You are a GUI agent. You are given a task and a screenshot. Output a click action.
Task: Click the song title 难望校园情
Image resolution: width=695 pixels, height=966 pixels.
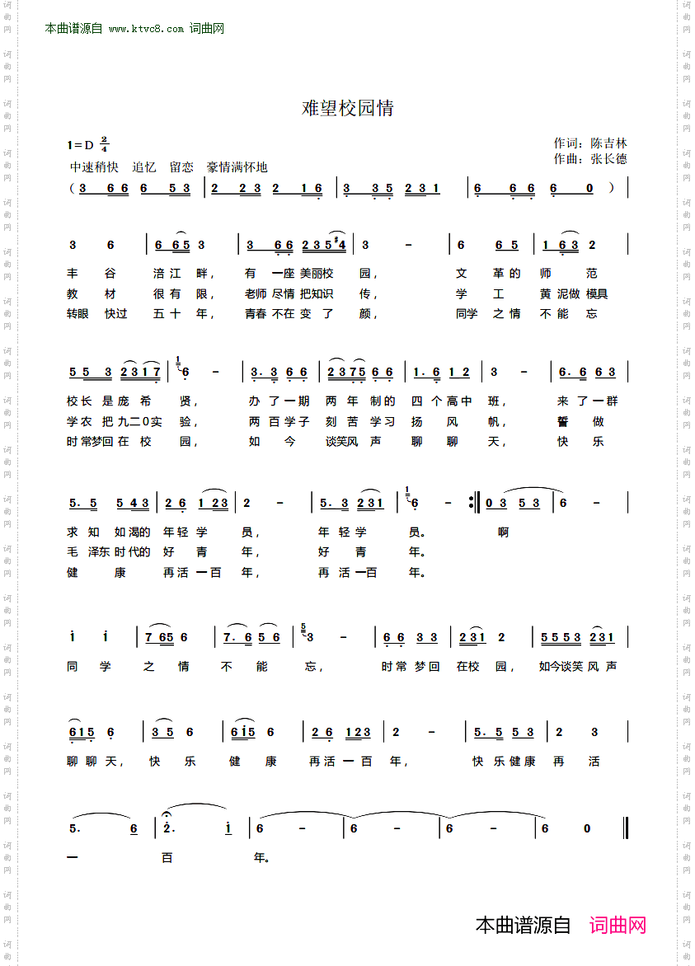click(x=347, y=108)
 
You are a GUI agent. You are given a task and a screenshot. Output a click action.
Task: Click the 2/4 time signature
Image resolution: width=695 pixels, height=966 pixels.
click(x=104, y=144)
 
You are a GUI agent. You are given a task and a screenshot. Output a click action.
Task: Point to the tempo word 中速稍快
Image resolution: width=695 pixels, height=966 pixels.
click(x=94, y=166)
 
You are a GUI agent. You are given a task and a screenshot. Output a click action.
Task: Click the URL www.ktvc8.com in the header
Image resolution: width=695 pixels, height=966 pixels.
click(x=146, y=29)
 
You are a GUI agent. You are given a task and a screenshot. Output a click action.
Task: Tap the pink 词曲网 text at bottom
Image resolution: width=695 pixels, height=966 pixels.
click(x=618, y=925)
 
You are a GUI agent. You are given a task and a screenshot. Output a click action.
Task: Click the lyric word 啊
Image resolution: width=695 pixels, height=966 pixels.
click(x=503, y=532)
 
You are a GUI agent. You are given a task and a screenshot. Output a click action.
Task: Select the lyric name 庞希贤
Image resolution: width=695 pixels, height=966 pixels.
click(x=160, y=401)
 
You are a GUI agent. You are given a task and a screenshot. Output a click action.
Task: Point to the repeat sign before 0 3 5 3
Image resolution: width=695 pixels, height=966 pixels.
click(x=472, y=502)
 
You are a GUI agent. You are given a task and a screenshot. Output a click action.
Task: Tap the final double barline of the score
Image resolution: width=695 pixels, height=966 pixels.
click(x=627, y=828)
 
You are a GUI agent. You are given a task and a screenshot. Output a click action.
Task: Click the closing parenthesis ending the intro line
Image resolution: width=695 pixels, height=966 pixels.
click(x=611, y=187)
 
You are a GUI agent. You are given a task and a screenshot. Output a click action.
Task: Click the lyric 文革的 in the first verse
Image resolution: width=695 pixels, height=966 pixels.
click(x=488, y=274)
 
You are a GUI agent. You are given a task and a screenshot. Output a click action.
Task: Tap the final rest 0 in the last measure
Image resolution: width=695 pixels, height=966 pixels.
click(x=587, y=828)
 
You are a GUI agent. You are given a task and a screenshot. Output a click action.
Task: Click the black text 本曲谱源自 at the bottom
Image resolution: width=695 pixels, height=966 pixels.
click(x=523, y=925)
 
